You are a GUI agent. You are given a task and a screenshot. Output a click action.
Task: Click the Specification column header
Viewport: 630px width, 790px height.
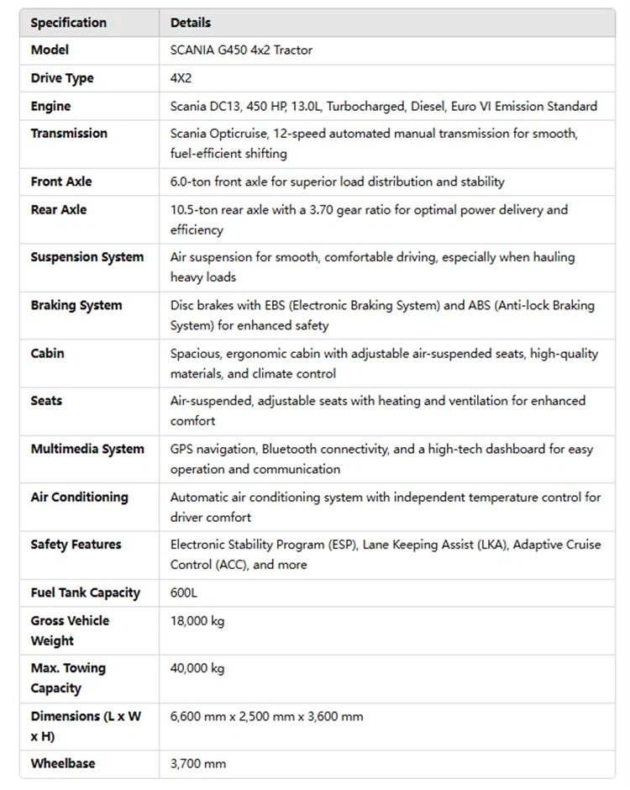[69, 23]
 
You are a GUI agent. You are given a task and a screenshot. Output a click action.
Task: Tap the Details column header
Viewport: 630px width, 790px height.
[191, 23]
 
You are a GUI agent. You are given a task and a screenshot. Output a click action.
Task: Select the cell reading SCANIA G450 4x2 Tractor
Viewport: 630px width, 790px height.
[241, 50]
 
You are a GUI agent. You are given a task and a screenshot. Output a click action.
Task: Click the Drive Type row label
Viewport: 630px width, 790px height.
[62, 78]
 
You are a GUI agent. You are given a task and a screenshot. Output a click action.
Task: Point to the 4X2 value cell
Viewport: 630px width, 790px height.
[181, 78]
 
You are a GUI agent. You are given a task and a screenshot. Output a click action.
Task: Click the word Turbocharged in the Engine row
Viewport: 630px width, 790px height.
[367, 107]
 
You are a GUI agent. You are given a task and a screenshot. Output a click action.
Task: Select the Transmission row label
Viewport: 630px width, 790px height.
[69, 134]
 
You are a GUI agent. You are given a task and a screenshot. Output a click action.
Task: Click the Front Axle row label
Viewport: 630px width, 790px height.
[61, 182]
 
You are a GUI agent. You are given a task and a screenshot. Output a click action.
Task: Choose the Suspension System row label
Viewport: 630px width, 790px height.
[87, 257]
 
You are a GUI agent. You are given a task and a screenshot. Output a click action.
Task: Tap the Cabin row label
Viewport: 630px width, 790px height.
[48, 354]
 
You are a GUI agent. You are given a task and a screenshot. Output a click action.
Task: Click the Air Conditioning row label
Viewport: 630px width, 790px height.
[80, 498]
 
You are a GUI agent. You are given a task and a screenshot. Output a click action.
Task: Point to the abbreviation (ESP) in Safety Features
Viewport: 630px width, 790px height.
[343, 545]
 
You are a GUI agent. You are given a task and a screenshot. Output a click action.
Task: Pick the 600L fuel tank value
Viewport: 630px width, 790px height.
[184, 593]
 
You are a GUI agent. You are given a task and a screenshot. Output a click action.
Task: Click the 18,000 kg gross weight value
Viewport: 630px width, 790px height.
[197, 621]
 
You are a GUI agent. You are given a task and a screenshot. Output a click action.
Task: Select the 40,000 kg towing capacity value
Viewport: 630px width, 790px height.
[197, 669]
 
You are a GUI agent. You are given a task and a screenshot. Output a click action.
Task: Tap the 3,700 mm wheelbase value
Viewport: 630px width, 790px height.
[198, 764]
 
